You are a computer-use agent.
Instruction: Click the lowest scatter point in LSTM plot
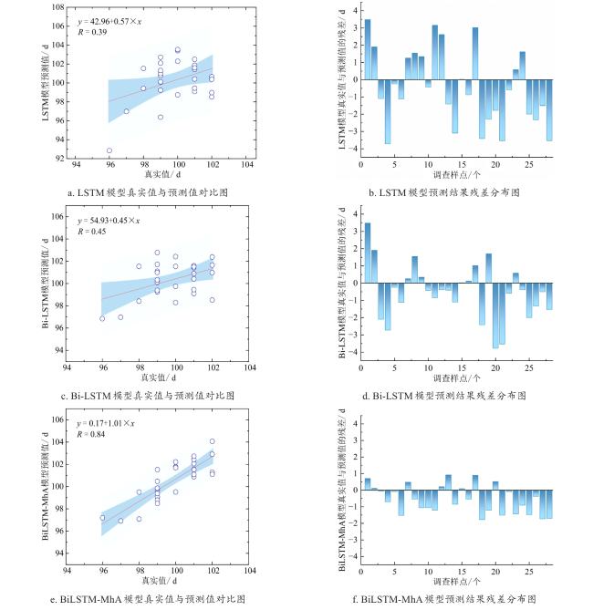pos(109,150)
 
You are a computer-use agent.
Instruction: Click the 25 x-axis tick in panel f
pos(529,573)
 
